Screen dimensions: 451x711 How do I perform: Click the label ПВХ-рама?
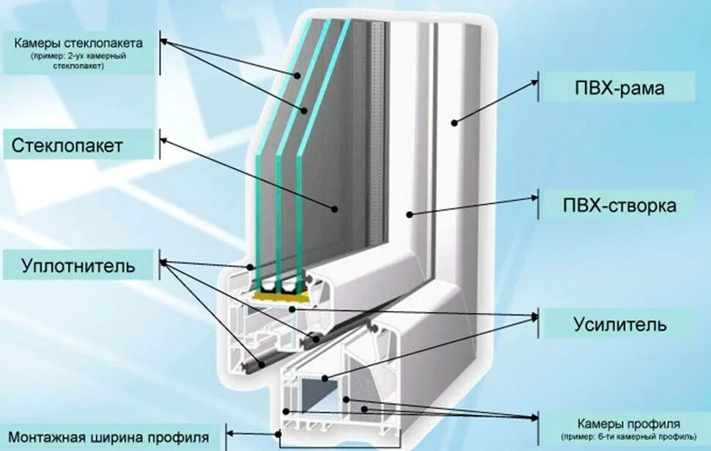click(619, 89)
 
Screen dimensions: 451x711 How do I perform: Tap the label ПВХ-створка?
click(619, 206)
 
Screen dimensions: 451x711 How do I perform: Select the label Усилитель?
click(619, 323)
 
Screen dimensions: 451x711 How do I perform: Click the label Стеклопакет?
click(67, 145)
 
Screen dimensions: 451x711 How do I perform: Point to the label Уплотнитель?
click(78, 265)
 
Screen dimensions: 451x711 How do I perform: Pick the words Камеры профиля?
click(628, 424)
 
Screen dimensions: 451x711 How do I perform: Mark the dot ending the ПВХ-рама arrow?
click(455, 122)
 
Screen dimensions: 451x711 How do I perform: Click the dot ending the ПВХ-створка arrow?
click(410, 215)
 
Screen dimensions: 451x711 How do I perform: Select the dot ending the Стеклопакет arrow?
click(335, 208)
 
